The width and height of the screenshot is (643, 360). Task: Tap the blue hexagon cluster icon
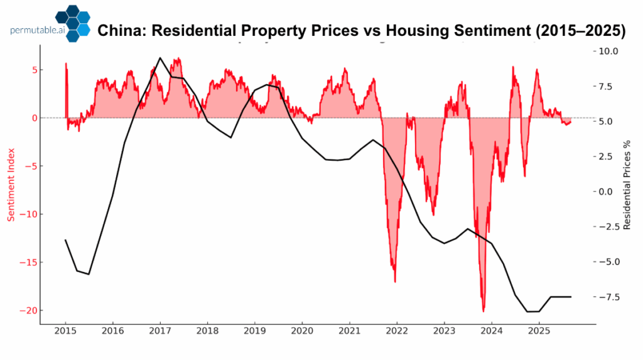click(72, 23)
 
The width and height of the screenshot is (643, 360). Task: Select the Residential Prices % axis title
click(626, 185)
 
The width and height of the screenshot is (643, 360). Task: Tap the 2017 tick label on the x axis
click(160, 331)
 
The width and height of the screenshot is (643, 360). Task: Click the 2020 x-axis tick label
click(302, 331)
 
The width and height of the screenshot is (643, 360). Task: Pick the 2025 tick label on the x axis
click(539, 331)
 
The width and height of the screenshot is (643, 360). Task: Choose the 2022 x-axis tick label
click(397, 331)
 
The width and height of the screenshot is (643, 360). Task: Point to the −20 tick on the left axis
click(26, 310)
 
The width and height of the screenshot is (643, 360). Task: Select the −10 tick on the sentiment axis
click(26, 214)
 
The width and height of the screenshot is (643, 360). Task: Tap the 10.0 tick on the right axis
click(610, 51)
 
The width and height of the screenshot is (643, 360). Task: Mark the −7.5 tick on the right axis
click(608, 297)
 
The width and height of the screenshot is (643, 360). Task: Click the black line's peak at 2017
click(160, 58)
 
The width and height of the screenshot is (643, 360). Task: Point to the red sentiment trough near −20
click(484, 310)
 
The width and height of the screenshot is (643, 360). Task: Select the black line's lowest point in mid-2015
click(89, 274)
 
